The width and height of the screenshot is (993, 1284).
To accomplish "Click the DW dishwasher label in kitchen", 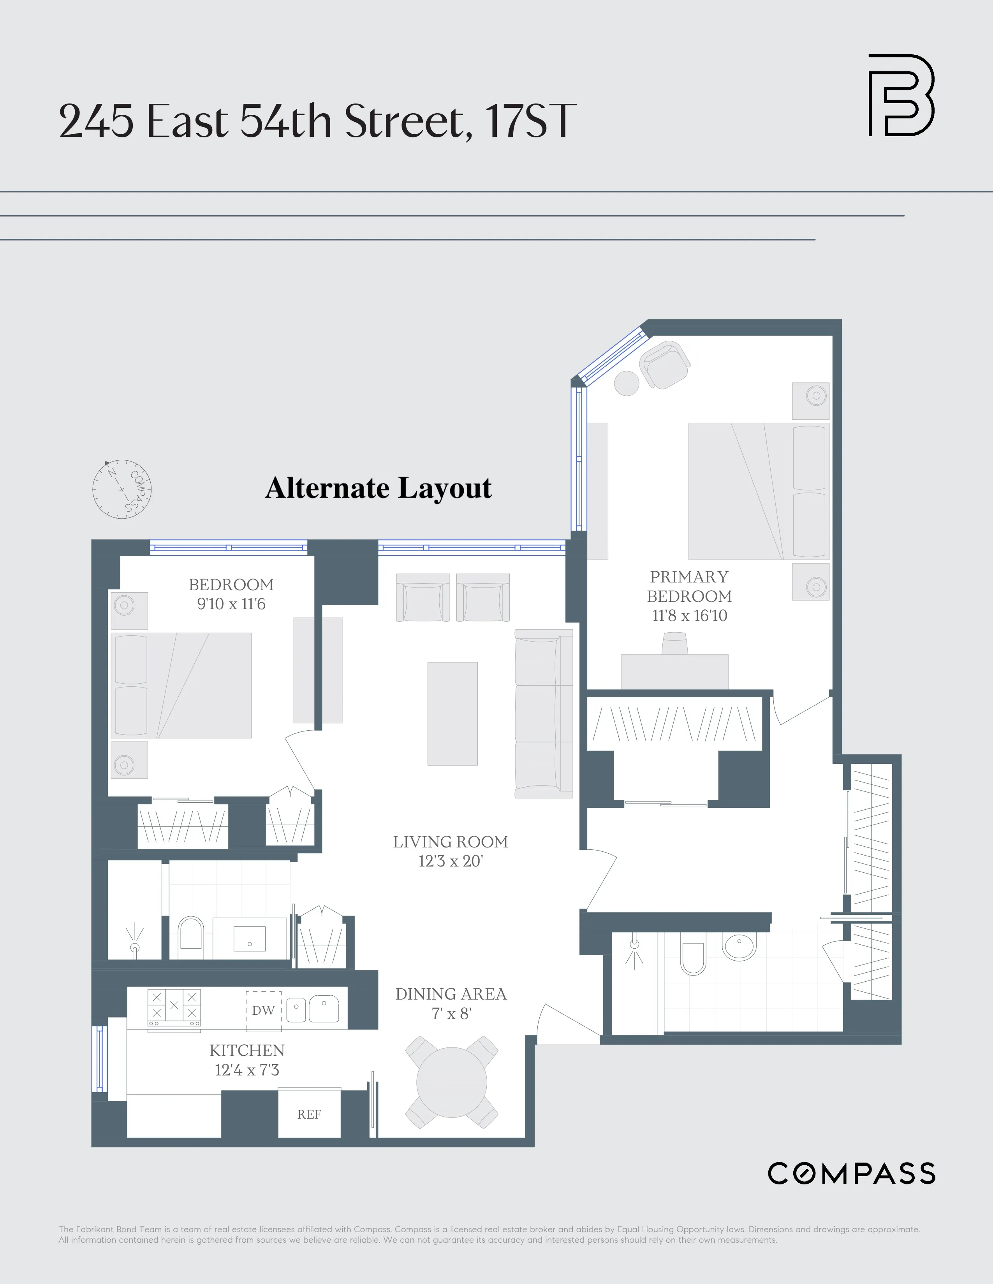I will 263,1010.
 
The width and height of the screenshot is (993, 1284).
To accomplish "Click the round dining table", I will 451,1083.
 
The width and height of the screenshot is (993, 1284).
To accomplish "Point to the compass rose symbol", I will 122,489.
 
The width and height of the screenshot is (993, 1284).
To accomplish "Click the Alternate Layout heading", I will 378,488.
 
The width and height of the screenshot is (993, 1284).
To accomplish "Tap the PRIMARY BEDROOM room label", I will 689,586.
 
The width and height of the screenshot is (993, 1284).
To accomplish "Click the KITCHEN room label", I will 247,1051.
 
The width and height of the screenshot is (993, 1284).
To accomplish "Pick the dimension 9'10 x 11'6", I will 231,604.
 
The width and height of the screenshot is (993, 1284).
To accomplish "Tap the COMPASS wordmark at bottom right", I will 851,1173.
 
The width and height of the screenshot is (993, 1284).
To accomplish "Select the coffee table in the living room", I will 452,713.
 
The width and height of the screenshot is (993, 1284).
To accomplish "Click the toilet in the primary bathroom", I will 692,958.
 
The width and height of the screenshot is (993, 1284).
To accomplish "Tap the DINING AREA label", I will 451,994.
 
